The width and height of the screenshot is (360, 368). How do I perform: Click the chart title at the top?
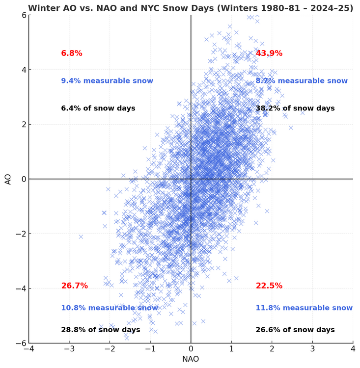tap(191, 8)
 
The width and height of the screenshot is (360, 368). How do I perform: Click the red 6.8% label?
tap(72, 53)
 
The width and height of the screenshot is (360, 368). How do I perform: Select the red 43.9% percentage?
tap(268, 53)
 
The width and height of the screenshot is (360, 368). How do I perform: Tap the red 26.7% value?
tap(75, 286)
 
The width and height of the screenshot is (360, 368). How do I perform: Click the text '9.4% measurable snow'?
tap(107, 81)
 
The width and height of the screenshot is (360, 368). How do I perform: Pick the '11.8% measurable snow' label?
tap(304, 308)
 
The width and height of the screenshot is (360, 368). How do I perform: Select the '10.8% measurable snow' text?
tap(110, 308)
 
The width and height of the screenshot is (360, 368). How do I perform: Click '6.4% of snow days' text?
tap(98, 108)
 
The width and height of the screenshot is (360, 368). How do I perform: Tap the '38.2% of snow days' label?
tap(295, 108)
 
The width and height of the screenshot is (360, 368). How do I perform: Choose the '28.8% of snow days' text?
tap(101, 330)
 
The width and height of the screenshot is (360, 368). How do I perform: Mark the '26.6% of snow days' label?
tap(295, 330)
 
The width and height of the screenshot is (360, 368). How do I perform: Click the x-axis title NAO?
tap(191, 359)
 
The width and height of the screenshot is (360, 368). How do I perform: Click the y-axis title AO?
tap(8, 179)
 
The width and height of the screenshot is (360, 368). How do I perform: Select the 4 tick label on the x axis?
tap(353, 350)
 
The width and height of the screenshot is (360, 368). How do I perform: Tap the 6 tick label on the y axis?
tap(23, 15)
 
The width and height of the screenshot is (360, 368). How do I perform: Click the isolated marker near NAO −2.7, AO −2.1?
tap(81, 237)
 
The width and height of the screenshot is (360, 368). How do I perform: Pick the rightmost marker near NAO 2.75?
tap(303, 112)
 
